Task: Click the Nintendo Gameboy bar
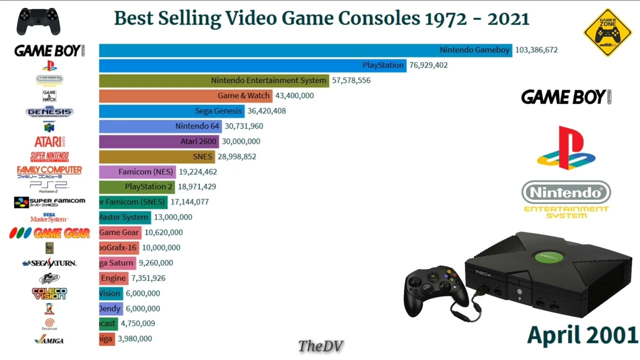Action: [305, 50]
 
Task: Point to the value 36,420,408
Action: [266, 111]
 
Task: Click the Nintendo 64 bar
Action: [160, 126]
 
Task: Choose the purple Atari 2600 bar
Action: [159, 141]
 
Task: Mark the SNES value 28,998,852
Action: [236, 156]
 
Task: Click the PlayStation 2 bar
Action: [136, 187]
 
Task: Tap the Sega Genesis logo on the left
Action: [49, 111]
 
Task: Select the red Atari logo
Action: [49, 141]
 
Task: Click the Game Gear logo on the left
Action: [49, 232]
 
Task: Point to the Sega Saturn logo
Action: [49, 263]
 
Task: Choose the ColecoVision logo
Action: [49, 293]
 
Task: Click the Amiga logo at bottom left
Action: [49, 340]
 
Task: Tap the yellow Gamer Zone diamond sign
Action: [608, 32]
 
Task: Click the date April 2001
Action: [582, 334]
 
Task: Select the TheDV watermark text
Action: [320, 345]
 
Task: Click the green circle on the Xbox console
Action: [548, 257]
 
